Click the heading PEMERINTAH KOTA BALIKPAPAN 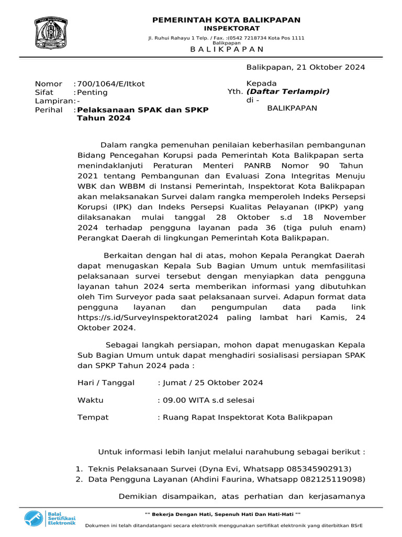[x=226, y=20]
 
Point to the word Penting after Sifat [x=92, y=92]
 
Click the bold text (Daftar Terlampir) [x=288, y=92]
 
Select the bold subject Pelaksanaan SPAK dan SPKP [x=142, y=110]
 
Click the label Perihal [x=49, y=110]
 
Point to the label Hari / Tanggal [x=106, y=383]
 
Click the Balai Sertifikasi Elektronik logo [x=50, y=519]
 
